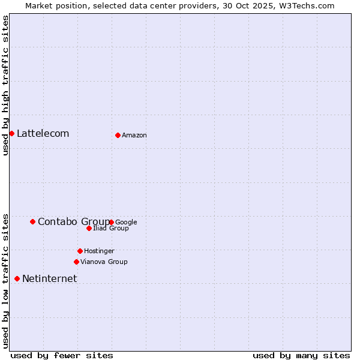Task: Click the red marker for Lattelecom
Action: (x=11, y=133)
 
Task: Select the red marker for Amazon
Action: (x=118, y=135)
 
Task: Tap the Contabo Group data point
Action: (x=32, y=221)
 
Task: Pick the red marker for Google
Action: (x=112, y=222)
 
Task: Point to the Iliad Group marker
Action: (x=89, y=228)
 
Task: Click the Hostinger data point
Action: (x=80, y=251)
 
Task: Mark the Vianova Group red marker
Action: (x=76, y=262)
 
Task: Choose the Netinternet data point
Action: (x=17, y=278)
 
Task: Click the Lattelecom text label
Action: (x=43, y=133)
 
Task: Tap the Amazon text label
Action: (x=134, y=135)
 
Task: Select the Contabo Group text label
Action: (x=73, y=221)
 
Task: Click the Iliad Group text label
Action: (x=111, y=229)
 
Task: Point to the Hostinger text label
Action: (x=99, y=251)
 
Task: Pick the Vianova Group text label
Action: (x=104, y=262)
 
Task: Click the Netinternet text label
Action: (x=49, y=278)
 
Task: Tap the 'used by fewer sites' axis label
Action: (x=62, y=355)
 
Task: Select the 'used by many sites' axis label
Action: (x=301, y=355)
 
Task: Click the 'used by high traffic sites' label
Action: (x=6, y=85)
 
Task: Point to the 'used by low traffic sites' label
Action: (x=6, y=281)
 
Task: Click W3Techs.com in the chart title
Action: (x=308, y=5)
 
